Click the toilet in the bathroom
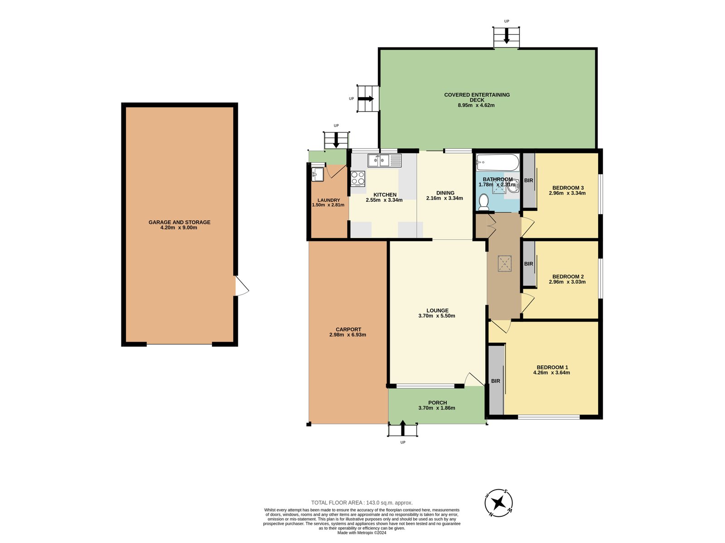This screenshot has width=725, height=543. coord(483,202)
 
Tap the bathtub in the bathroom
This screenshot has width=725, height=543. coord(498,162)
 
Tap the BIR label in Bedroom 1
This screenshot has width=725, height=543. coord(495,381)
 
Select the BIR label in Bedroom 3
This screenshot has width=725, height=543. coord(528,181)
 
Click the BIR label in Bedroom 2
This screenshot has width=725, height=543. coord(528,264)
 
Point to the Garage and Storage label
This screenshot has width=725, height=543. coord(179,222)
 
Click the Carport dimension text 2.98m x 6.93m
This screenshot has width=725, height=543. coord(348,335)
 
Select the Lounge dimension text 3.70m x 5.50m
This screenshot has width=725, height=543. coord(437,316)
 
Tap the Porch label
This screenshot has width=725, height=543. coord(437,403)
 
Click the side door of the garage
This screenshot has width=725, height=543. coord(242,286)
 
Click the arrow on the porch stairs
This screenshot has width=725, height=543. coord(403,428)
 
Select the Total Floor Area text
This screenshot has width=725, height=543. coord(362,503)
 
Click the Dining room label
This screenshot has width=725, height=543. coord(445,193)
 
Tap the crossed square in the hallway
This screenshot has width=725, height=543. coord(504,264)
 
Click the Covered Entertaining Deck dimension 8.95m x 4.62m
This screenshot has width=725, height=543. coord(476,105)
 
